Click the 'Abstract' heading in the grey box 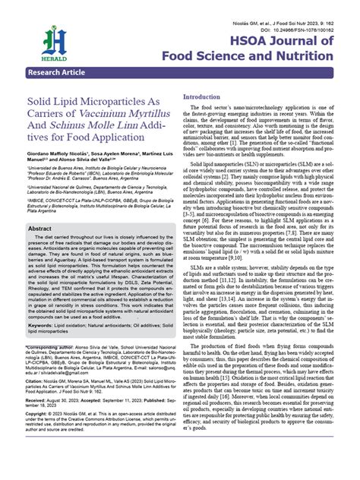click(46, 228)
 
